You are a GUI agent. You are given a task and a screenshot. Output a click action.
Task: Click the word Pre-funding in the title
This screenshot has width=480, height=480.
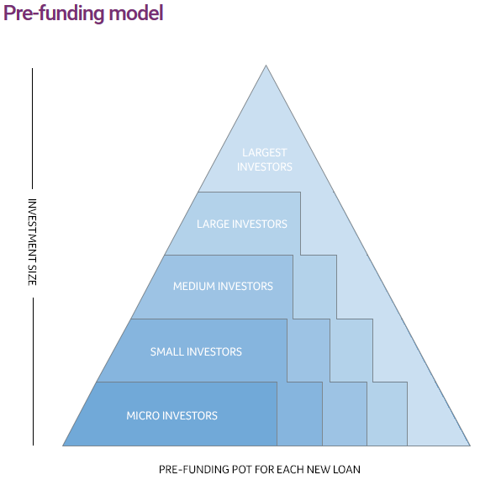click(54, 13)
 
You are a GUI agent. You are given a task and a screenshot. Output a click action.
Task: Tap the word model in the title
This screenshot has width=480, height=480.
click(136, 13)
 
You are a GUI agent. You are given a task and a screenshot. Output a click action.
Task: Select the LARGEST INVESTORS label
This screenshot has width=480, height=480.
click(265, 160)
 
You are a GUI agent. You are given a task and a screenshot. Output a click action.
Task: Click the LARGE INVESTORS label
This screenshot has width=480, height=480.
click(242, 224)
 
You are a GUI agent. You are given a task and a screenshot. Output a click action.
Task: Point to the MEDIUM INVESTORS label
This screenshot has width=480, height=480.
click(223, 286)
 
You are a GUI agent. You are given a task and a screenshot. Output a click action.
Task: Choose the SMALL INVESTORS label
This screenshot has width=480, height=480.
click(196, 351)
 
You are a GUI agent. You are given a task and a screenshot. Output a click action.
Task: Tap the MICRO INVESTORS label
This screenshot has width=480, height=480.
click(171, 415)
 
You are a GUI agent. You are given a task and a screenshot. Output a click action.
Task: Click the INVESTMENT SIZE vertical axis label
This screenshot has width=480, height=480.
click(33, 242)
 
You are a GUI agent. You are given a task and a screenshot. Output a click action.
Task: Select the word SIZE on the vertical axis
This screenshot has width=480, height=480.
click(33, 275)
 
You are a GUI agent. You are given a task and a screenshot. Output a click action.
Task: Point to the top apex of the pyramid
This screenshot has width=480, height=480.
click(266, 66)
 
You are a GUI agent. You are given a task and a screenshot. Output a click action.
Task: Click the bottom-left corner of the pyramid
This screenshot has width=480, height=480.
click(63, 446)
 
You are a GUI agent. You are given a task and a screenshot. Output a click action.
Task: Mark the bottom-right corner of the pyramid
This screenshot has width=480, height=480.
click(470, 446)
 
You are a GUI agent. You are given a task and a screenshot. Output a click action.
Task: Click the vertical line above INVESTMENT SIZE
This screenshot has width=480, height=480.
click(33, 129)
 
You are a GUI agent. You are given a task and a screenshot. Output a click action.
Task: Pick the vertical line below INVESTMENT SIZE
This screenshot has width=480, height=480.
click(33, 372)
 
